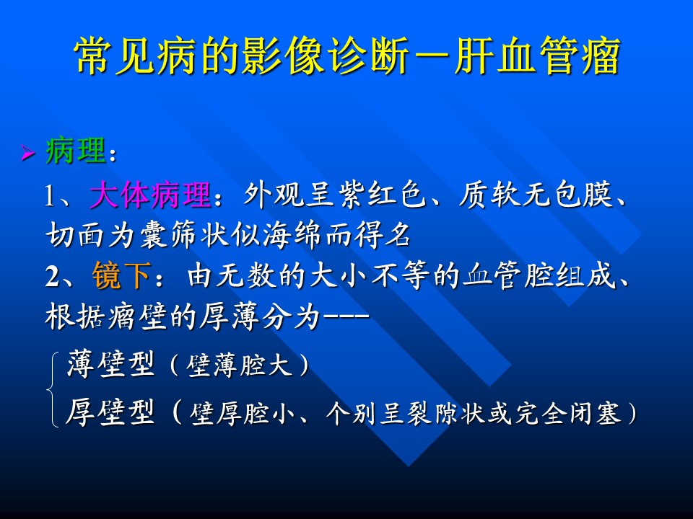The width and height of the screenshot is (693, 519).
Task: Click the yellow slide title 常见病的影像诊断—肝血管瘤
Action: (347, 56)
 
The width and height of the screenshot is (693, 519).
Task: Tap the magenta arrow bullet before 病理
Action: (28, 153)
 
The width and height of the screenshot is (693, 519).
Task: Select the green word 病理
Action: (76, 151)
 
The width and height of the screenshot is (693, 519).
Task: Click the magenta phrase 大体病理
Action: (151, 194)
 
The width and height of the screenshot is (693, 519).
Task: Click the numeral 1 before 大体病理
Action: (51, 195)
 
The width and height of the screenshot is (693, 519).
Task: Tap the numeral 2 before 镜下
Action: (52, 277)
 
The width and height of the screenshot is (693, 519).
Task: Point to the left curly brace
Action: (53, 389)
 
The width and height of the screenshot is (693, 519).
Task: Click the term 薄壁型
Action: (111, 365)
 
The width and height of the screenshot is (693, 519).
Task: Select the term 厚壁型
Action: (111, 412)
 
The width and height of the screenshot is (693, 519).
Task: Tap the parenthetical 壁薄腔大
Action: (240, 365)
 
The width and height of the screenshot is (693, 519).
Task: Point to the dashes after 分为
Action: (346, 315)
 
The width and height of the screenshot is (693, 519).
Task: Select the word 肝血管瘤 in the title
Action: (537, 56)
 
